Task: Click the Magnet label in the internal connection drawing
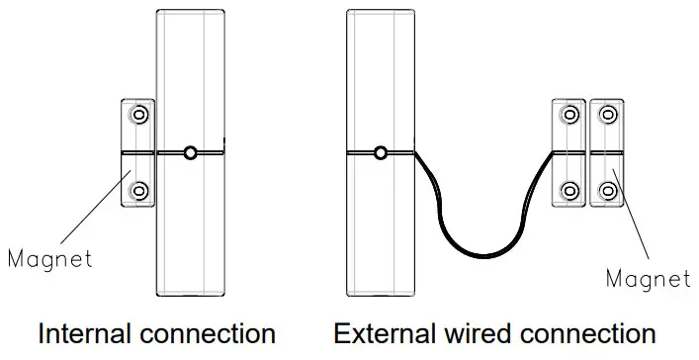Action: point(48,260)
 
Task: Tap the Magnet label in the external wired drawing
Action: point(648,279)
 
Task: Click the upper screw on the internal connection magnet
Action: point(138,116)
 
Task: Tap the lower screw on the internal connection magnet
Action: point(138,189)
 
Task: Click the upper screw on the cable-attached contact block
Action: point(568,116)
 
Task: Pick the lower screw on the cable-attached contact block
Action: point(568,189)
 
